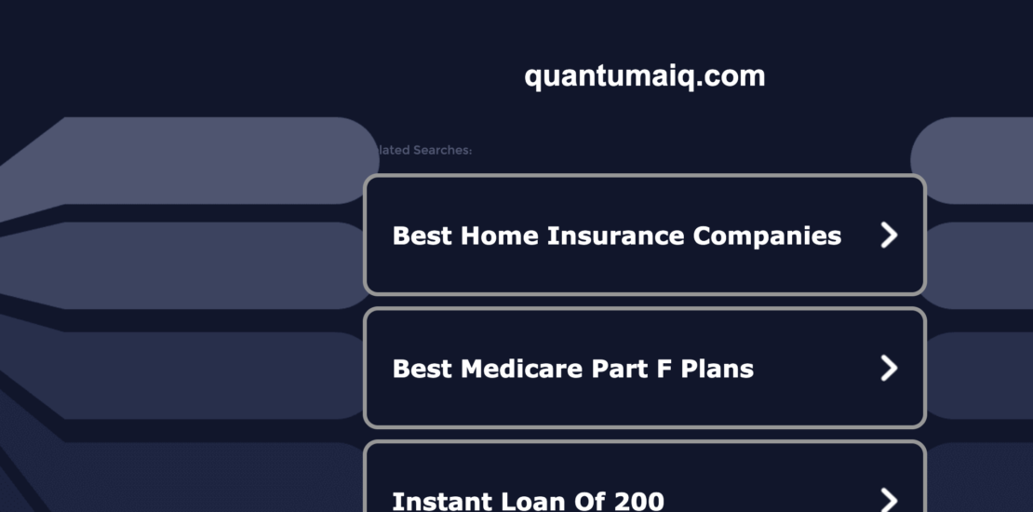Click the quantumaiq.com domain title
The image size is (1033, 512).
coord(644,76)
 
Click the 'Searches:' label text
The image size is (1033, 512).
coord(442,150)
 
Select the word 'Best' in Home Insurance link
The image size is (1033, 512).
coord(420,236)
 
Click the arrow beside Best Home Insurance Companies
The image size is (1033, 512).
coord(890,236)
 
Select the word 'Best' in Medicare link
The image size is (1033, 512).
coord(420,369)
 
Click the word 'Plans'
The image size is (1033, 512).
coord(718,370)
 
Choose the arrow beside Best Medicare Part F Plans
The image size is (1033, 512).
coord(890,369)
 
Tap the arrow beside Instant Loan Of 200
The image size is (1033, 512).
coord(890,501)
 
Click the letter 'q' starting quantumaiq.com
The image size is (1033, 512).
coord(532,78)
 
